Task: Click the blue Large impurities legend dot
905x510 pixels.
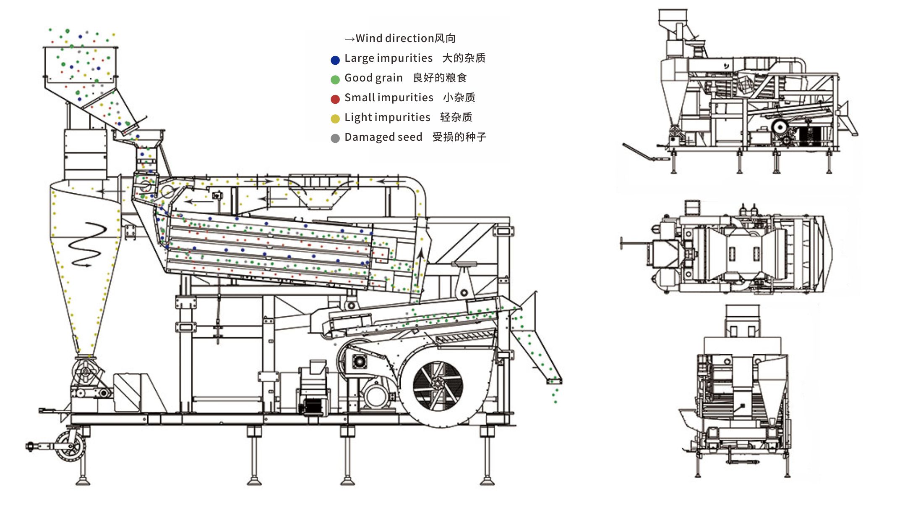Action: pyautogui.click(x=335, y=60)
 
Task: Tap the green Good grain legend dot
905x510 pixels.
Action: pyautogui.click(x=335, y=79)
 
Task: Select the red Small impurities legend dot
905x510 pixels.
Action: pyautogui.click(x=335, y=99)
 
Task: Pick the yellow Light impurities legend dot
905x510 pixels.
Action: pyautogui.click(x=335, y=119)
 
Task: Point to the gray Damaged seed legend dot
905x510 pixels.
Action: pyautogui.click(x=335, y=138)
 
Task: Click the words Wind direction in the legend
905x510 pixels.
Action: pyautogui.click(x=394, y=38)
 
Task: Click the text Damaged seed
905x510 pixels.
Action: pyautogui.click(x=383, y=137)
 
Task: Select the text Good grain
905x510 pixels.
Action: pyautogui.click(x=373, y=78)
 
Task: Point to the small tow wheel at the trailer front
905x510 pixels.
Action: pyautogui.click(x=69, y=446)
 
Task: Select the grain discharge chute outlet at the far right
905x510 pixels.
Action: pyautogui.click(x=553, y=380)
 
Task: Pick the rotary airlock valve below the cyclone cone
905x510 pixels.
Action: pyautogui.click(x=86, y=371)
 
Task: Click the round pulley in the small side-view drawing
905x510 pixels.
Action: pyautogui.click(x=780, y=126)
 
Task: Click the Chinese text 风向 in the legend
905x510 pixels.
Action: pyautogui.click(x=445, y=38)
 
